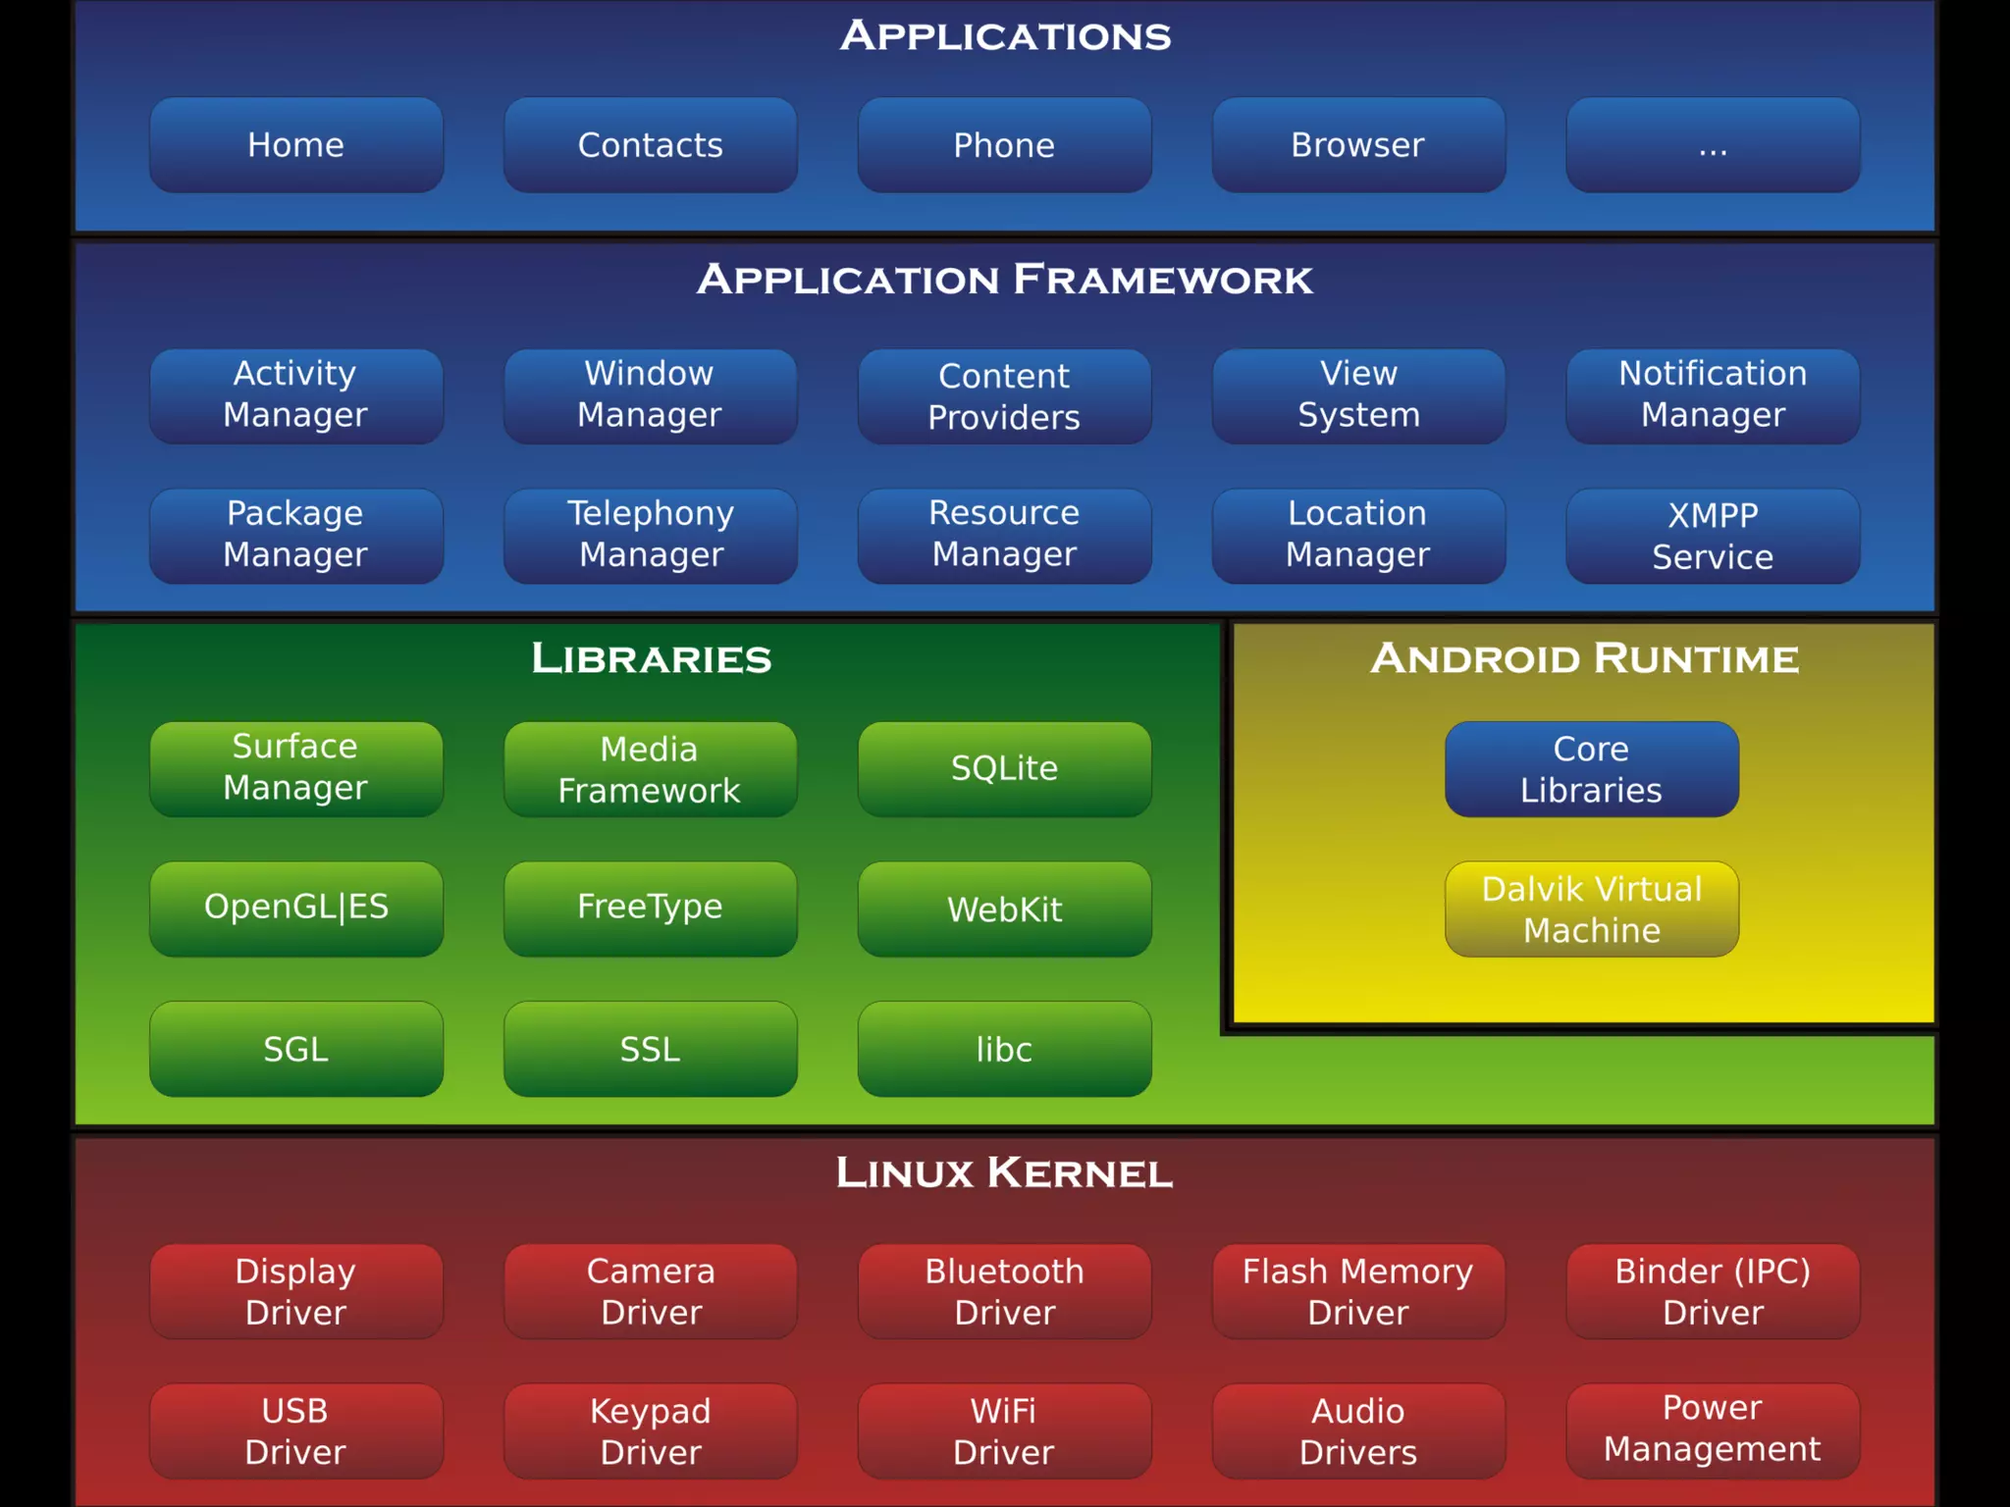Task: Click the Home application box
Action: [295, 145]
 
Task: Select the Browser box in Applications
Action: [1358, 145]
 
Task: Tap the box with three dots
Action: [1713, 145]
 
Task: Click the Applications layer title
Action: [1005, 36]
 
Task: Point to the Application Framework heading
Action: [1005, 280]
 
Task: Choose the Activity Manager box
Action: [295, 395]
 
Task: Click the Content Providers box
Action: [1004, 396]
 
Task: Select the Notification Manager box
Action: [1713, 395]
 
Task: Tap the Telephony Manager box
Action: [650, 535]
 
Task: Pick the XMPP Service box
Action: [1713, 536]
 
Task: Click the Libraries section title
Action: [651, 658]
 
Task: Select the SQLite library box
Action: [1004, 768]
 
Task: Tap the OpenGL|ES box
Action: [295, 908]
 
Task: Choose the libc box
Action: [1004, 1049]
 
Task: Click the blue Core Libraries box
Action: [1591, 769]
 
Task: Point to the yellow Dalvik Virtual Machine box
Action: [1591, 909]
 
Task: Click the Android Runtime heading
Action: [1584, 658]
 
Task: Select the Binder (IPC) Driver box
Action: [1713, 1291]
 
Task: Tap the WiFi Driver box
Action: [1004, 1430]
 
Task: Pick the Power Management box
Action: [1713, 1429]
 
